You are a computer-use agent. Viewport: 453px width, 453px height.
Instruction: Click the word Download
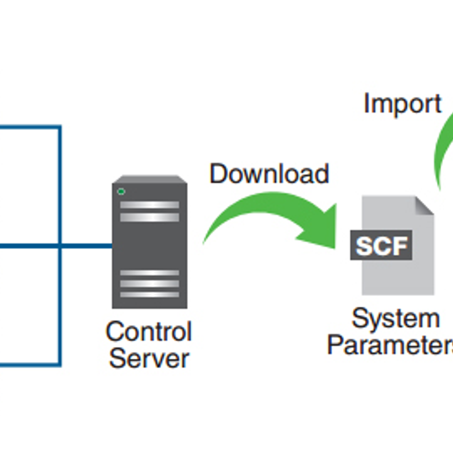click(269, 174)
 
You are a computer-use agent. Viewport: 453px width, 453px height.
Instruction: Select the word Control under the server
click(149, 331)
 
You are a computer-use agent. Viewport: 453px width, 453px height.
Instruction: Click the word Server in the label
click(149, 358)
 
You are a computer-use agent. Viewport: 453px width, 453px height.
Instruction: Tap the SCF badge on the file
click(381, 245)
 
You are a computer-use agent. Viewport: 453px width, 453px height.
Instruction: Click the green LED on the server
click(121, 191)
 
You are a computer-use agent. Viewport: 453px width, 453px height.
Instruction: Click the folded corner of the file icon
click(424, 206)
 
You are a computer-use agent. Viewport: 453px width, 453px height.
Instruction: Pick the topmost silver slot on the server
click(150, 205)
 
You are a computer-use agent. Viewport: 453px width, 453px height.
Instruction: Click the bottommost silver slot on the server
click(150, 295)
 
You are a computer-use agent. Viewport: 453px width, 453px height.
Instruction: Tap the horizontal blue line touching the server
click(85, 246)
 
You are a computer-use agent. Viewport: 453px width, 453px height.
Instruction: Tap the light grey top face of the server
click(150, 179)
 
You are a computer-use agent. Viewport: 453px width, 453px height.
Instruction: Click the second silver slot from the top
click(150, 217)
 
